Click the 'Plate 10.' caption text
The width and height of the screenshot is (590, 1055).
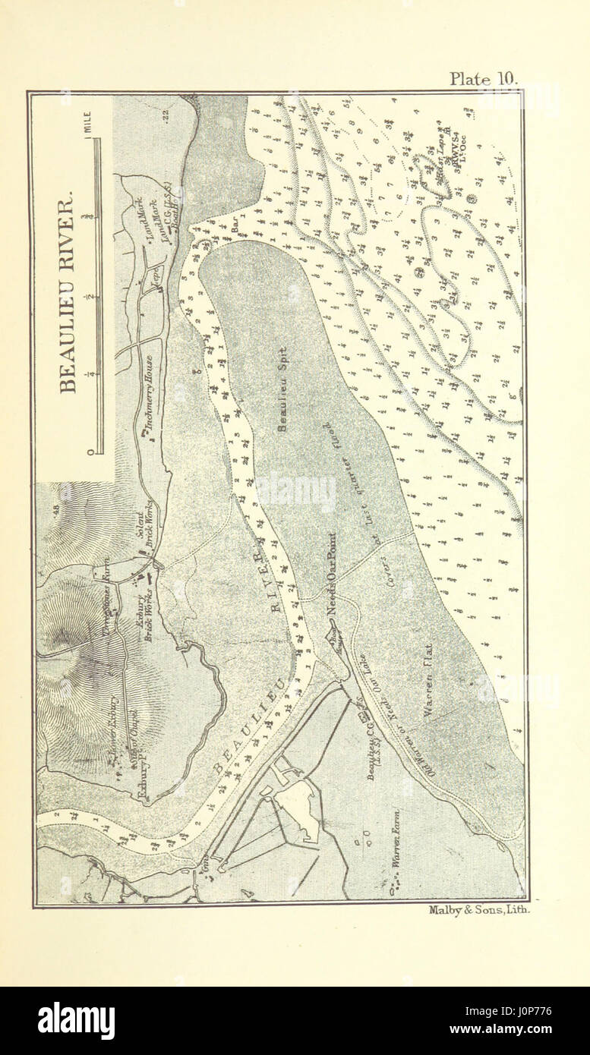tap(482, 78)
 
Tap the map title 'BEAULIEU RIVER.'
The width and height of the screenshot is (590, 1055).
tap(68, 293)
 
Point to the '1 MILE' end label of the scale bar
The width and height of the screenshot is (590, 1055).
tap(89, 124)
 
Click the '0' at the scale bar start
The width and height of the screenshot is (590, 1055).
tap(90, 452)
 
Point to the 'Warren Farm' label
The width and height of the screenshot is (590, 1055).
tap(394, 850)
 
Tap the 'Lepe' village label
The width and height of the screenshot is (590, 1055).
tap(151, 274)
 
